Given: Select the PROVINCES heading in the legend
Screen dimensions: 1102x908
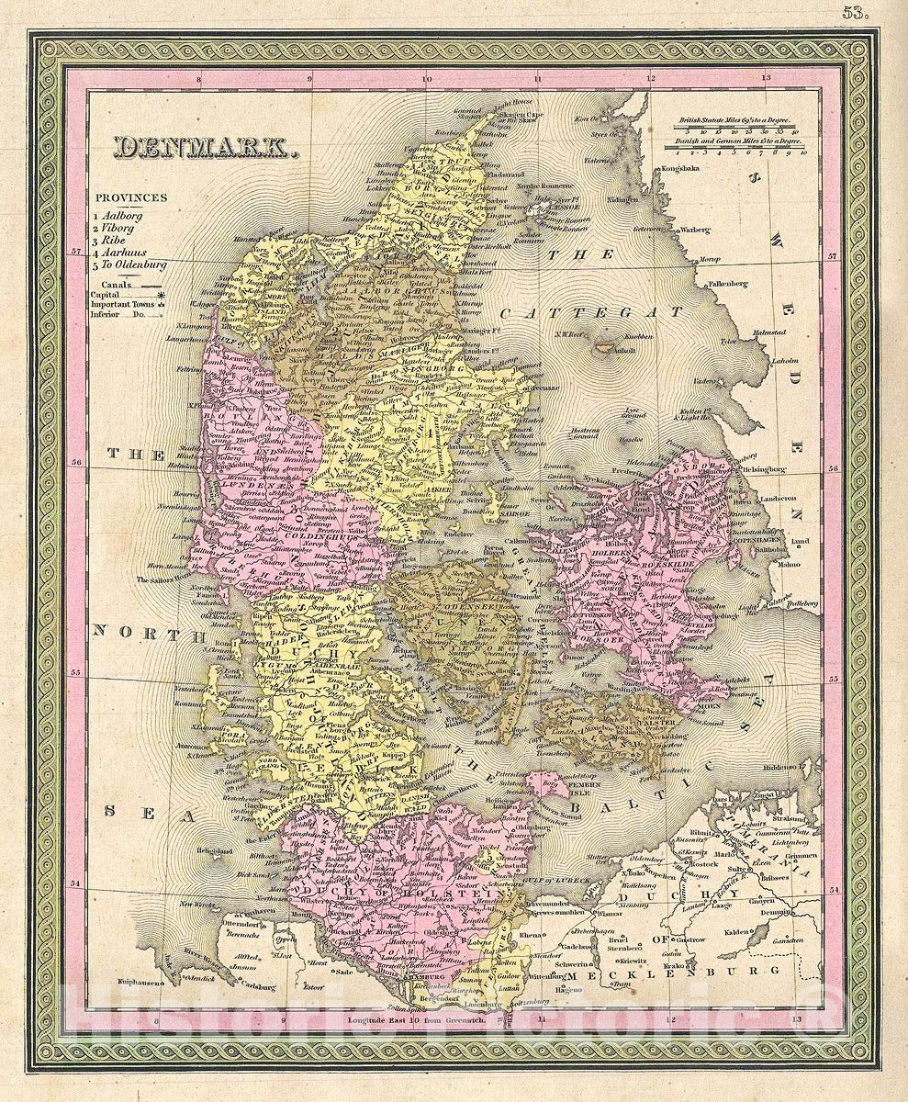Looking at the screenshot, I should click(129, 197).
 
